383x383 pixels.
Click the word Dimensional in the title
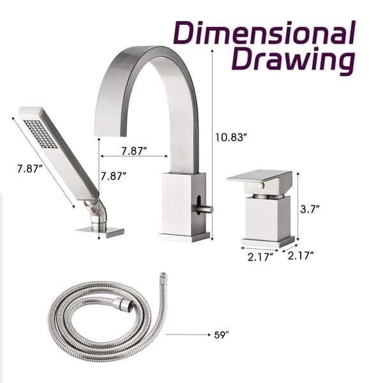[x=264, y=34]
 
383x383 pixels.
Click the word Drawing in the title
[x=292, y=60]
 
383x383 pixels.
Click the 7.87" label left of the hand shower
[x=30, y=169]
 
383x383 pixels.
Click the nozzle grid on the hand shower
[x=40, y=134]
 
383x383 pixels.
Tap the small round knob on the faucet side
[x=206, y=208]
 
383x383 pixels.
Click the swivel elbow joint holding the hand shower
[x=96, y=209]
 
